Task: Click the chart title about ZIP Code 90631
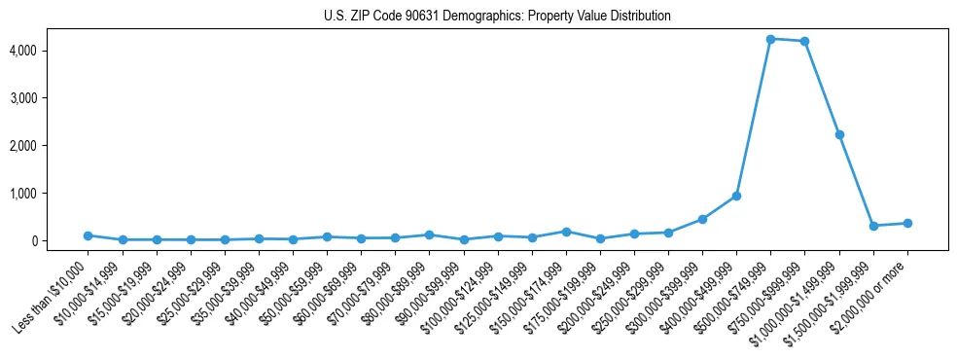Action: [497, 17]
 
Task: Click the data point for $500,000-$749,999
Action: [770, 39]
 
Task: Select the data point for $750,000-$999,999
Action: [804, 41]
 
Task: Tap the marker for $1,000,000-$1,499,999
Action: [838, 134]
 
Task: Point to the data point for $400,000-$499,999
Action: [736, 196]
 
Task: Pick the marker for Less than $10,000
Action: [88, 235]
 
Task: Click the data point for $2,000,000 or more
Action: [907, 223]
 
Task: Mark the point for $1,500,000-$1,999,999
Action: [873, 226]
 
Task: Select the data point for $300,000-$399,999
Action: [702, 219]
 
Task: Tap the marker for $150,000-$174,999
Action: [566, 232]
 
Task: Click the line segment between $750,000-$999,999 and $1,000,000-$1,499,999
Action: [822, 88]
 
